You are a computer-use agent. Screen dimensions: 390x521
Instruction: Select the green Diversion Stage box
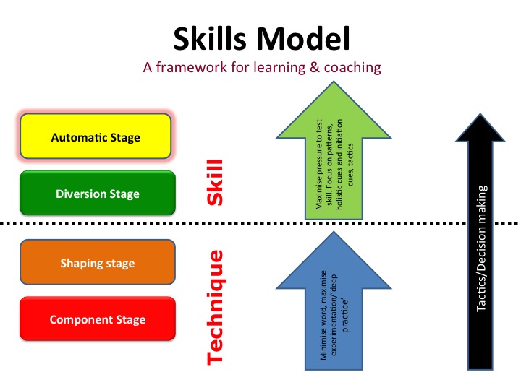(97, 193)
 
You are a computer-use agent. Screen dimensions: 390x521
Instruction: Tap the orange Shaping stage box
(97, 263)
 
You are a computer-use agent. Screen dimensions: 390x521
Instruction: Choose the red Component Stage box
(97, 319)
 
